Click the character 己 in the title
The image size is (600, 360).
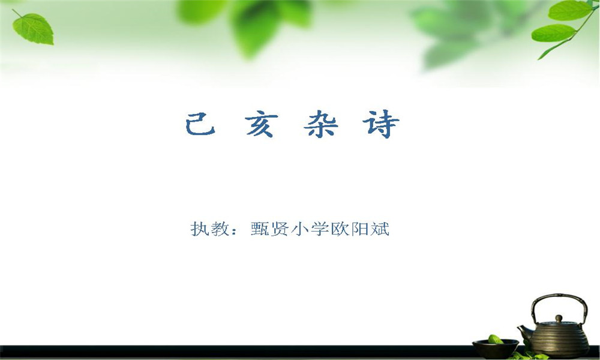click(200, 124)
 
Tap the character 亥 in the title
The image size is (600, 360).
click(260, 124)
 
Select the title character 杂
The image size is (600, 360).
click(320, 124)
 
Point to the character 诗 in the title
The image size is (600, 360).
click(381, 124)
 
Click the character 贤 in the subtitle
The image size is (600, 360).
click(280, 229)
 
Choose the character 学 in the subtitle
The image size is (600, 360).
click(320, 229)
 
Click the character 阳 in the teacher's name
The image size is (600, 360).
click(359, 229)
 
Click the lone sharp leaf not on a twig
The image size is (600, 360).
click(33, 28)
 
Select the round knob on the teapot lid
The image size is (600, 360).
click(559, 318)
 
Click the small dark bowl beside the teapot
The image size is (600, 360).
click(495, 348)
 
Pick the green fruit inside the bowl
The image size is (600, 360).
click(496, 340)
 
